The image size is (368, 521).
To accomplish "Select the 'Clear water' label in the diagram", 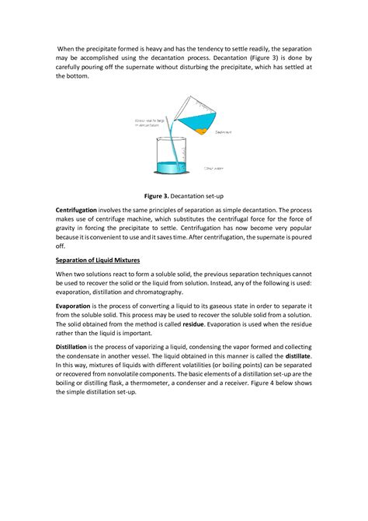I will click(x=214, y=167).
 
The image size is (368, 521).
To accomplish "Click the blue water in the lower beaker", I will click(x=168, y=167).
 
